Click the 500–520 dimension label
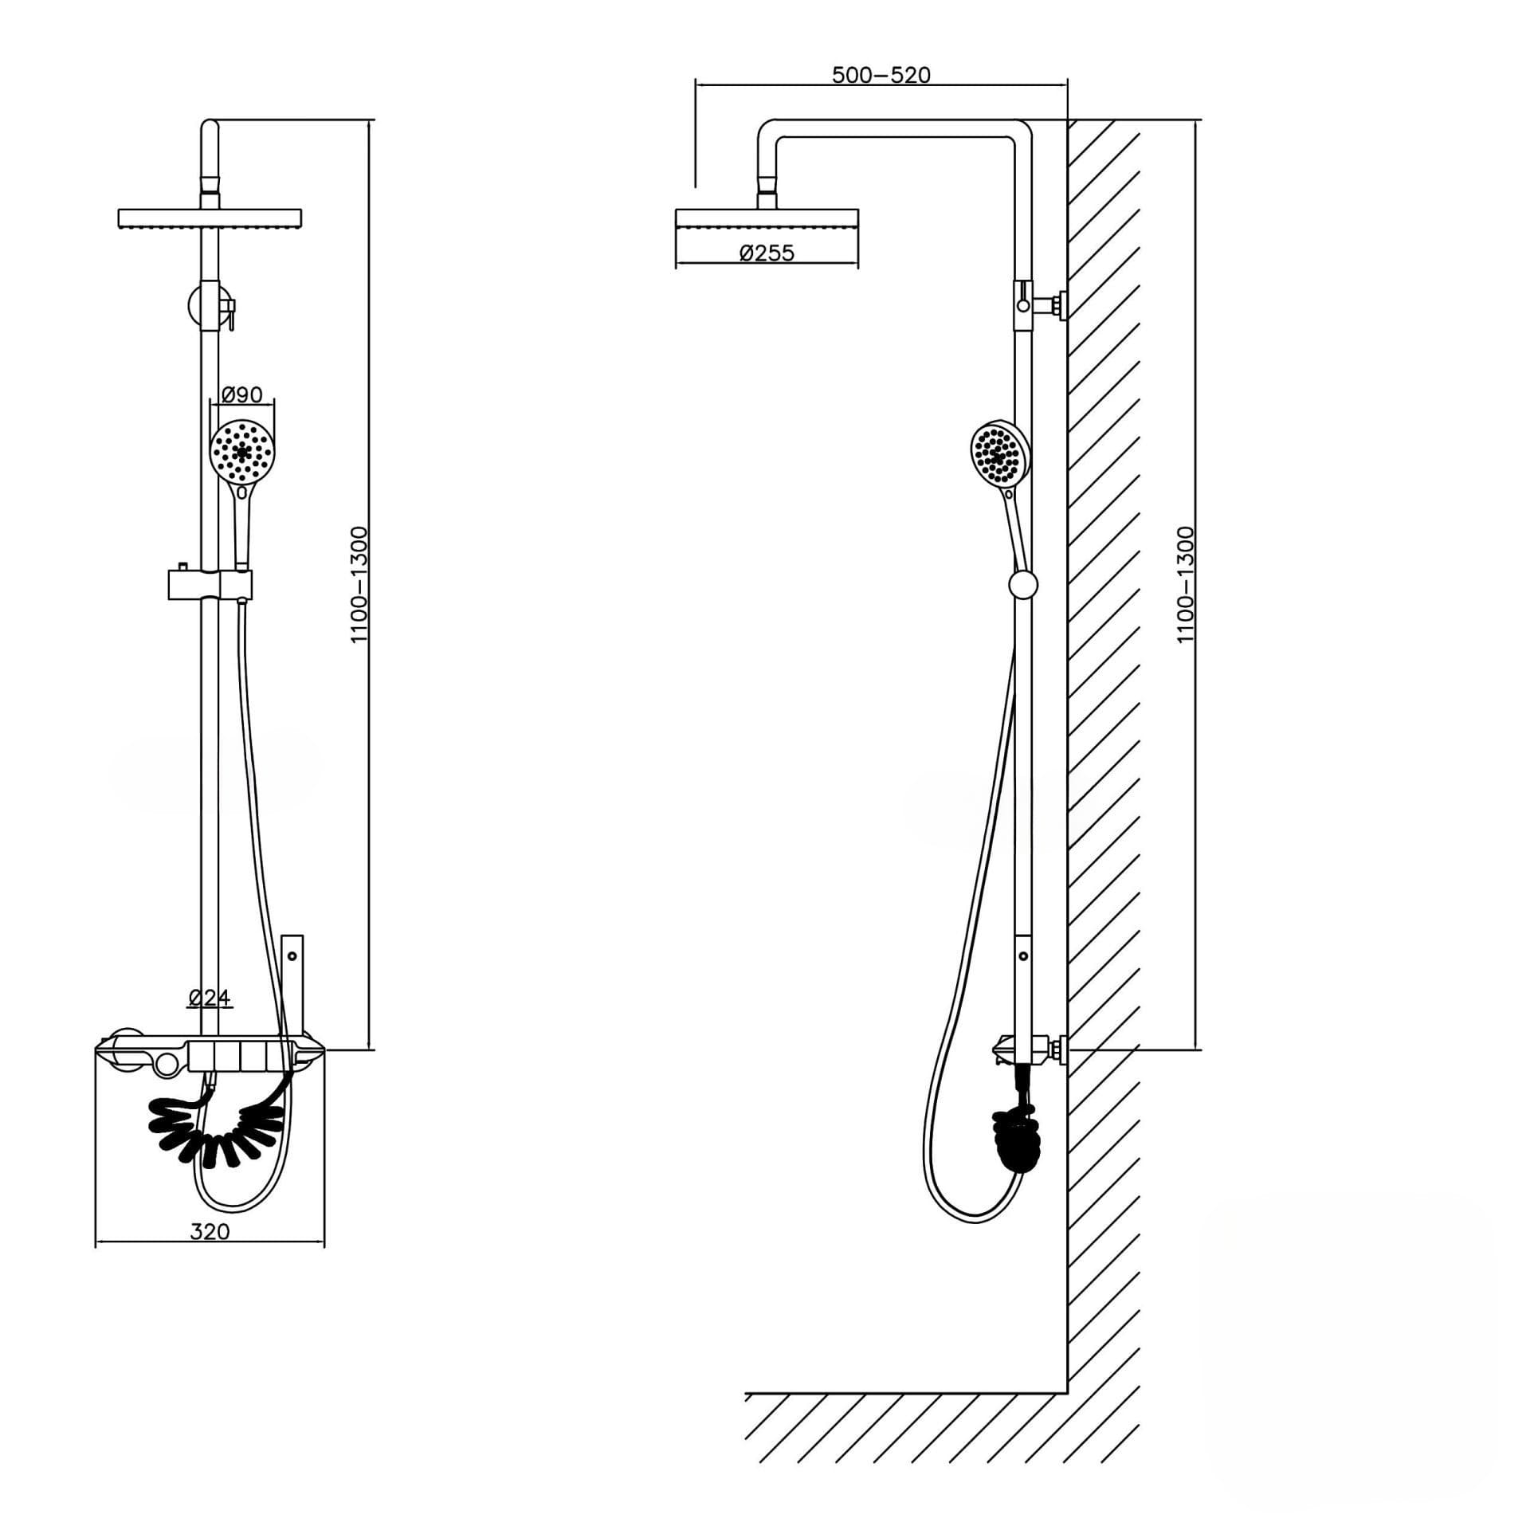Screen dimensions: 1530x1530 881,75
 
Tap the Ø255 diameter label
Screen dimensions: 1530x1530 767,253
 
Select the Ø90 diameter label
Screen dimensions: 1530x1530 241,394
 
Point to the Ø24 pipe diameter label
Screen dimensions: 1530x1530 210,997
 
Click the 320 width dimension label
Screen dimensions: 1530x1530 210,1231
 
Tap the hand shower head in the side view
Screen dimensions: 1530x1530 1000,453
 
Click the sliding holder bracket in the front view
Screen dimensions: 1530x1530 210,584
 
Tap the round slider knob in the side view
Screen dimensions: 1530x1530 1023,585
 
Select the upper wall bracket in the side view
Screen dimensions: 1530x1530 1041,304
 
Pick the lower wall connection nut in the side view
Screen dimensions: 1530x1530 1058,1049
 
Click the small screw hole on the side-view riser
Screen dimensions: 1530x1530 1023,955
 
